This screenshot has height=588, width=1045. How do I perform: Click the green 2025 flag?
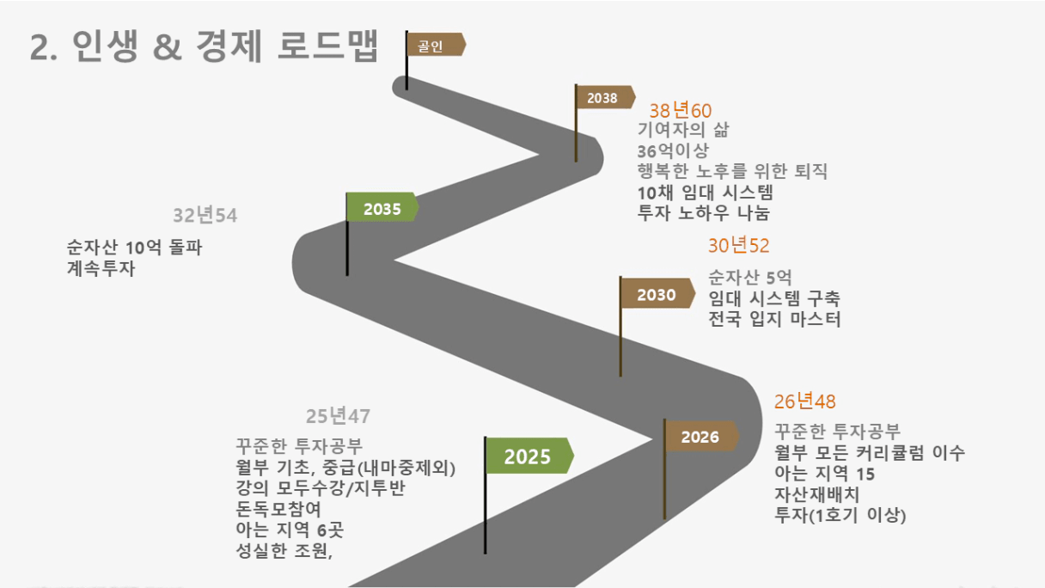pyautogui.click(x=529, y=456)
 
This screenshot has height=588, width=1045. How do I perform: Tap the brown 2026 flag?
pyautogui.click(x=701, y=437)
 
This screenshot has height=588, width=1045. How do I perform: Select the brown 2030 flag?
pyautogui.click(x=657, y=293)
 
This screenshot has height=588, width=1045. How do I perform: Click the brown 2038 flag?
pyautogui.click(x=606, y=97)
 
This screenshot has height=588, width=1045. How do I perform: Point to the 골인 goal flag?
pyautogui.click(x=436, y=45)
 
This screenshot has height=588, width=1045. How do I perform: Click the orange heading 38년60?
pyautogui.click(x=680, y=111)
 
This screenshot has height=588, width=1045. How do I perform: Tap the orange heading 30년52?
pyautogui.click(x=738, y=246)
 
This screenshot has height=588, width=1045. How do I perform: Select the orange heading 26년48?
pyautogui.click(x=804, y=401)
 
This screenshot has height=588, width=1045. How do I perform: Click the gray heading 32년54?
pyautogui.click(x=205, y=215)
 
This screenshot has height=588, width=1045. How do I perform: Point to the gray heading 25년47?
pyautogui.click(x=338, y=416)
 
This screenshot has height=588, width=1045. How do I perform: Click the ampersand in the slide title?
pyautogui.click(x=167, y=47)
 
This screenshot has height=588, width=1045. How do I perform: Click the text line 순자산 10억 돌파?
pyautogui.click(x=134, y=247)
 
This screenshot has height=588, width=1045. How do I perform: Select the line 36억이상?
pyautogui.click(x=673, y=150)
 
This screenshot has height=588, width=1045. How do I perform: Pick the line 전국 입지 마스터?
pyautogui.click(x=774, y=319)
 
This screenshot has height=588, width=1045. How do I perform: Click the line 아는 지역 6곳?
pyautogui.click(x=290, y=530)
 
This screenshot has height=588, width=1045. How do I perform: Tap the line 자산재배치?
pyautogui.click(x=816, y=494)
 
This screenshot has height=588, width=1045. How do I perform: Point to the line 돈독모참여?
pyautogui.click(x=278, y=509)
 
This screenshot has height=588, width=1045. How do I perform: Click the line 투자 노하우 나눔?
pyautogui.click(x=704, y=213)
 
